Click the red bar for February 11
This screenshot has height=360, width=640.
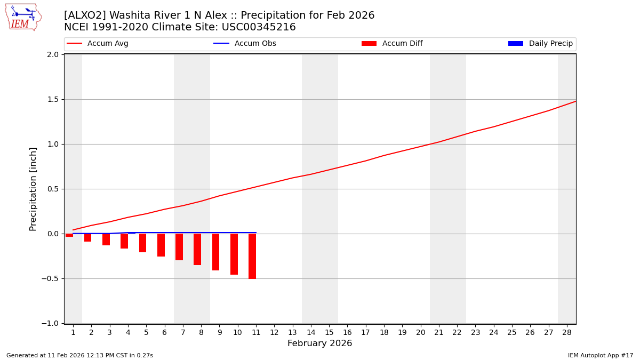tap(252, 256)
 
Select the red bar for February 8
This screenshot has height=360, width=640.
tap(197, 249)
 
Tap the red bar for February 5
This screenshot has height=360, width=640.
tap(142, 243)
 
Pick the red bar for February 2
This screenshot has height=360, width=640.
tap(87, 237)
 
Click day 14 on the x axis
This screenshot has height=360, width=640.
tap(311, 332)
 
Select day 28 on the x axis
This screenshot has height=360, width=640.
tap(566, 332)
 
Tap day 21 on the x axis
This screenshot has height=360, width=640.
tap(438, 332)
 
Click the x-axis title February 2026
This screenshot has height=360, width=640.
tap(319, 343)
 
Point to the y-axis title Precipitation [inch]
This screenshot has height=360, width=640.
tap(33, 189)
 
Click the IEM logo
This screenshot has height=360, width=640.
tap(23, 17)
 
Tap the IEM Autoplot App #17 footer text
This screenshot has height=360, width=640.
tap(601, 355)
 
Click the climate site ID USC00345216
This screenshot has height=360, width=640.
tap(259, 27)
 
